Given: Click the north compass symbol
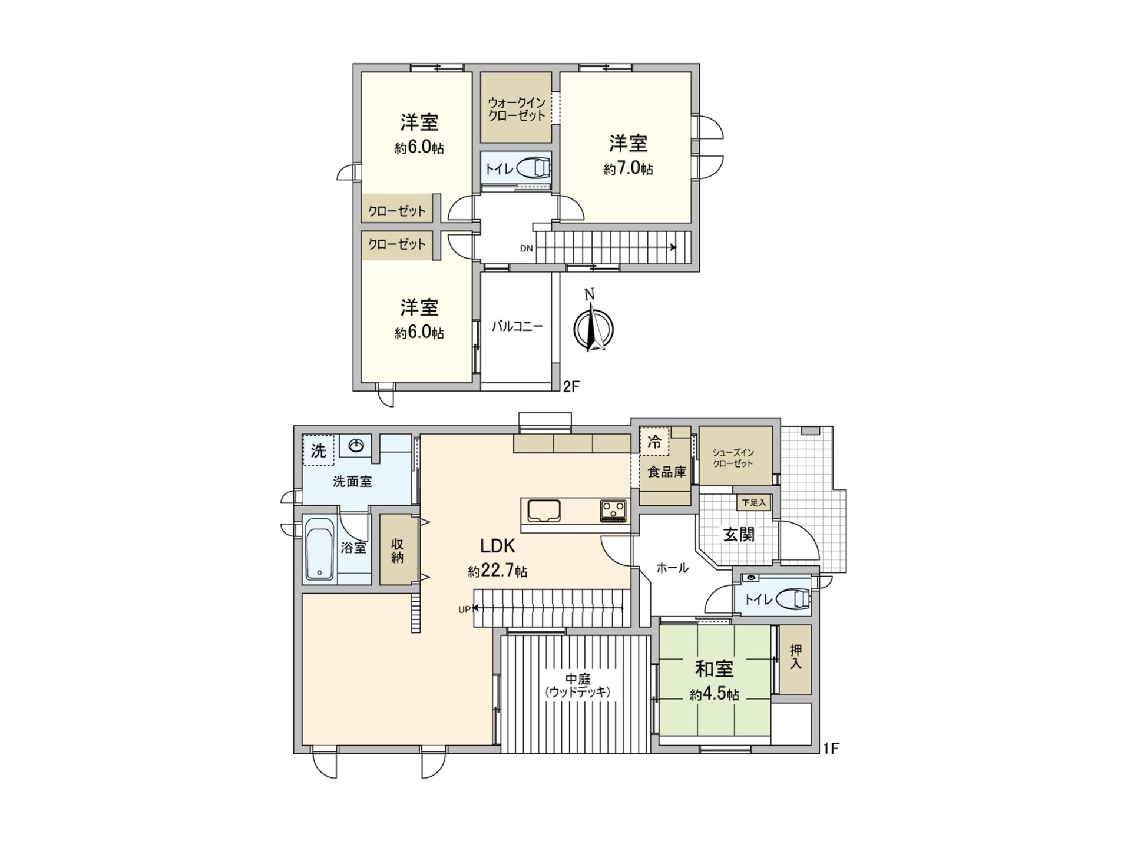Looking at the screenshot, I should [593, 328].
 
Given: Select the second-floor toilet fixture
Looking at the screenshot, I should [534, 168].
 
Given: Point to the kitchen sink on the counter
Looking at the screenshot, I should [544, 510].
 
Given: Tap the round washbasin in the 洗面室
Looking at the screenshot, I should [356, 446].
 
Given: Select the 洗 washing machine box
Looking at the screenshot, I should [318, 450].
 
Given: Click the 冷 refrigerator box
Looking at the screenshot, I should [654, 441].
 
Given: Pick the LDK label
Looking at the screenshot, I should [498, 546].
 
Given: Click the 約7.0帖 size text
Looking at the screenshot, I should [628, 169].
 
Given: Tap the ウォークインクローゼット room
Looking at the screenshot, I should [516, 108].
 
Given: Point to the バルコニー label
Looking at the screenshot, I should [517, 326].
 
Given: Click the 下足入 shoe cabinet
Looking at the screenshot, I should [753, 502].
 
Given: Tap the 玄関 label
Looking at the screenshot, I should [739, 535].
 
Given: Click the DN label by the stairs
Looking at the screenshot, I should [526, 249].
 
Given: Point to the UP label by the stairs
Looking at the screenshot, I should [464, 609].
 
